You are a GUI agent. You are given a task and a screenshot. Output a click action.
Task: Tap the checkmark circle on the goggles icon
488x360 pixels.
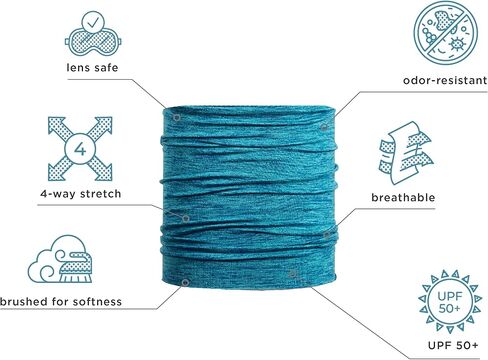[93, 22]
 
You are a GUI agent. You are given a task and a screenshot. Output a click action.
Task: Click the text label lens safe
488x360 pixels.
[92, 68]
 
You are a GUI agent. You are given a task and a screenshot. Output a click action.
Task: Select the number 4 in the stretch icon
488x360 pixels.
[80, 149]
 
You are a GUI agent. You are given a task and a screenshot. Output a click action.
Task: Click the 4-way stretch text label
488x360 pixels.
[81, 194]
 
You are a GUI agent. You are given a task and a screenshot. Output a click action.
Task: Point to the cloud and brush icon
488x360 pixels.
[60, 259]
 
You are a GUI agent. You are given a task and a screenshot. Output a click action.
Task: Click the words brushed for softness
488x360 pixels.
[61, 302]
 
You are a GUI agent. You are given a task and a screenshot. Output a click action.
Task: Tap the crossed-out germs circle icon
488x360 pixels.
[446, 32]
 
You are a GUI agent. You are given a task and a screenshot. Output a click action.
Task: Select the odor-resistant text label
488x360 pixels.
[445, 80]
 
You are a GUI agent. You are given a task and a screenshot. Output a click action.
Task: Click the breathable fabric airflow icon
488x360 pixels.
[406, 153]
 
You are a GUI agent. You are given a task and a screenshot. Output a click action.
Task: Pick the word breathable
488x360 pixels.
[403, 197]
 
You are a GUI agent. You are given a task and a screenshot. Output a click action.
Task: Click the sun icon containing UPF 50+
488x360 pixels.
[450, 302]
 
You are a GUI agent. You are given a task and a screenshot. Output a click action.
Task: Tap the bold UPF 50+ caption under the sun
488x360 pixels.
[453, 345]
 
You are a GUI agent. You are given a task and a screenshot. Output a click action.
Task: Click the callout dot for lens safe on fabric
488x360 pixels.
[177, 118]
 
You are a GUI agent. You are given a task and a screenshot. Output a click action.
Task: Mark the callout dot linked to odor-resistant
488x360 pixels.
[324, 127]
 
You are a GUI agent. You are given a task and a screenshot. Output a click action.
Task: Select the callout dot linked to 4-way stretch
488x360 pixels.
[186, 218]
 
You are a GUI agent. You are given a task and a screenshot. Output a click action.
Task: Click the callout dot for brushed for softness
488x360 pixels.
[185, 283]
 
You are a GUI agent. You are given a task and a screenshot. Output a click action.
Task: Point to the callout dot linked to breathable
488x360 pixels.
[327, 235]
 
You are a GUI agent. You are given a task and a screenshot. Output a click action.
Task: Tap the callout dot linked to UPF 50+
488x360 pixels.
[293, 274]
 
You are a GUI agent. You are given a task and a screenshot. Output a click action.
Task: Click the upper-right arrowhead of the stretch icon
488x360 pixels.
[105, 123]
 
